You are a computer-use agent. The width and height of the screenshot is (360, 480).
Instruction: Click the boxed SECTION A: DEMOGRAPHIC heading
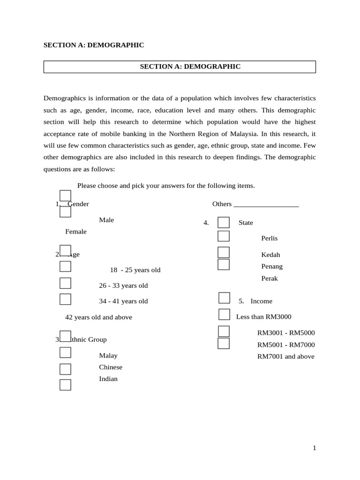pyautogui.click(x=190, y=67)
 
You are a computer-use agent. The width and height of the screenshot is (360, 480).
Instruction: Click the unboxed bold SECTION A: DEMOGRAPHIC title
pyautogui.click(x=94, y=45)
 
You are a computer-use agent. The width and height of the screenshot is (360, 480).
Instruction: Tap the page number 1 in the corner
pyautogui.click(x=315, y=448)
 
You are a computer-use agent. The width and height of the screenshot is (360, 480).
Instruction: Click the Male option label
pyautogui.click(x=106, y=220)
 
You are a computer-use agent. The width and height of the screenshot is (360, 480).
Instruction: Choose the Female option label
pyautogui.click(x=76, y=232)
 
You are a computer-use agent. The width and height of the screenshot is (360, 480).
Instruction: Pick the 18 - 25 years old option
pyautogui.click(x=135, y=270)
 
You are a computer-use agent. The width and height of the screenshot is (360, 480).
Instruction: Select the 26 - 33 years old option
pyautogui.click(x=123, y=285)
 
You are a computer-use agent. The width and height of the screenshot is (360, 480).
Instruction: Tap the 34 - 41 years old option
pyautogui.click(x=123, y=301)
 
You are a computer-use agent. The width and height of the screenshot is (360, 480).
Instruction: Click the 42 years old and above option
pyautogui.click(x=98, y=317)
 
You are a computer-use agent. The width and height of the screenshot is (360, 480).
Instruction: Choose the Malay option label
pyautogui.click(x=108, y=355)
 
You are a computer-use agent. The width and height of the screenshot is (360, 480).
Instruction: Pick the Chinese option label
pyautogui.click(x=111, y=367)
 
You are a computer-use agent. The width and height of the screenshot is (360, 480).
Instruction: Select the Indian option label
pyautogui.click(x=108, y=379)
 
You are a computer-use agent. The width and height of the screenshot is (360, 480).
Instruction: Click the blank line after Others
pyautogui.click(x=266, y=204)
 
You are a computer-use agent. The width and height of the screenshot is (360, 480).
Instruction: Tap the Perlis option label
pyautogui.click(x=270, y=238)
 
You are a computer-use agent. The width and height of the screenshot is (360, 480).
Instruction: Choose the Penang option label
pyautogui.click(x=272, y=266)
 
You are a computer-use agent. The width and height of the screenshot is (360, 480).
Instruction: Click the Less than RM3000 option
pyautogui.click(x=263, y=317)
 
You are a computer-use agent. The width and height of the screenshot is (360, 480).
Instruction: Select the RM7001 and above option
pyautogui.click(x=286, y=356)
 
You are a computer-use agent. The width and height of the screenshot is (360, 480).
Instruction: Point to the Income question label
pyautogui.click(x=261, y=301)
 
